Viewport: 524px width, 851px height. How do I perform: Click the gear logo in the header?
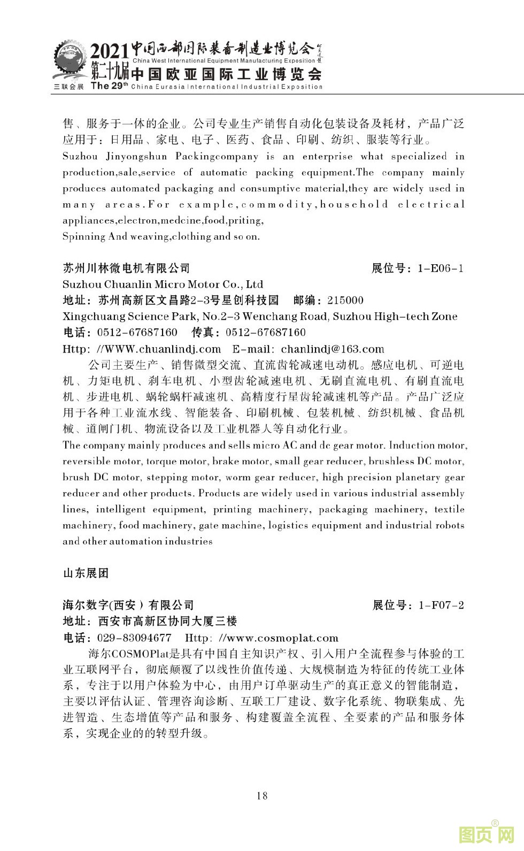tap(69, 62)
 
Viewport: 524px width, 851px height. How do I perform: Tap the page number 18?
tap(262, 795)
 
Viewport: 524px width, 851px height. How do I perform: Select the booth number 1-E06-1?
tap(440, 268)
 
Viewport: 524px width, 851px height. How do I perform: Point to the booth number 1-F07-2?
tap(441, 605)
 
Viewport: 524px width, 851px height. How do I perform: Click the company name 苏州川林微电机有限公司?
tap(126, 268)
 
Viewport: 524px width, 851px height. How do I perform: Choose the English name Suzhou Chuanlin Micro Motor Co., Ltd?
tap(163, 284)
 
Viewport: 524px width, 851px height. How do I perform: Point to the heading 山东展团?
tap(86, 573)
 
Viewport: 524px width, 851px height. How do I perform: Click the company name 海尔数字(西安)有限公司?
tap(128, 605)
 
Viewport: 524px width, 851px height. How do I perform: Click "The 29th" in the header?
tap(110, 86)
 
